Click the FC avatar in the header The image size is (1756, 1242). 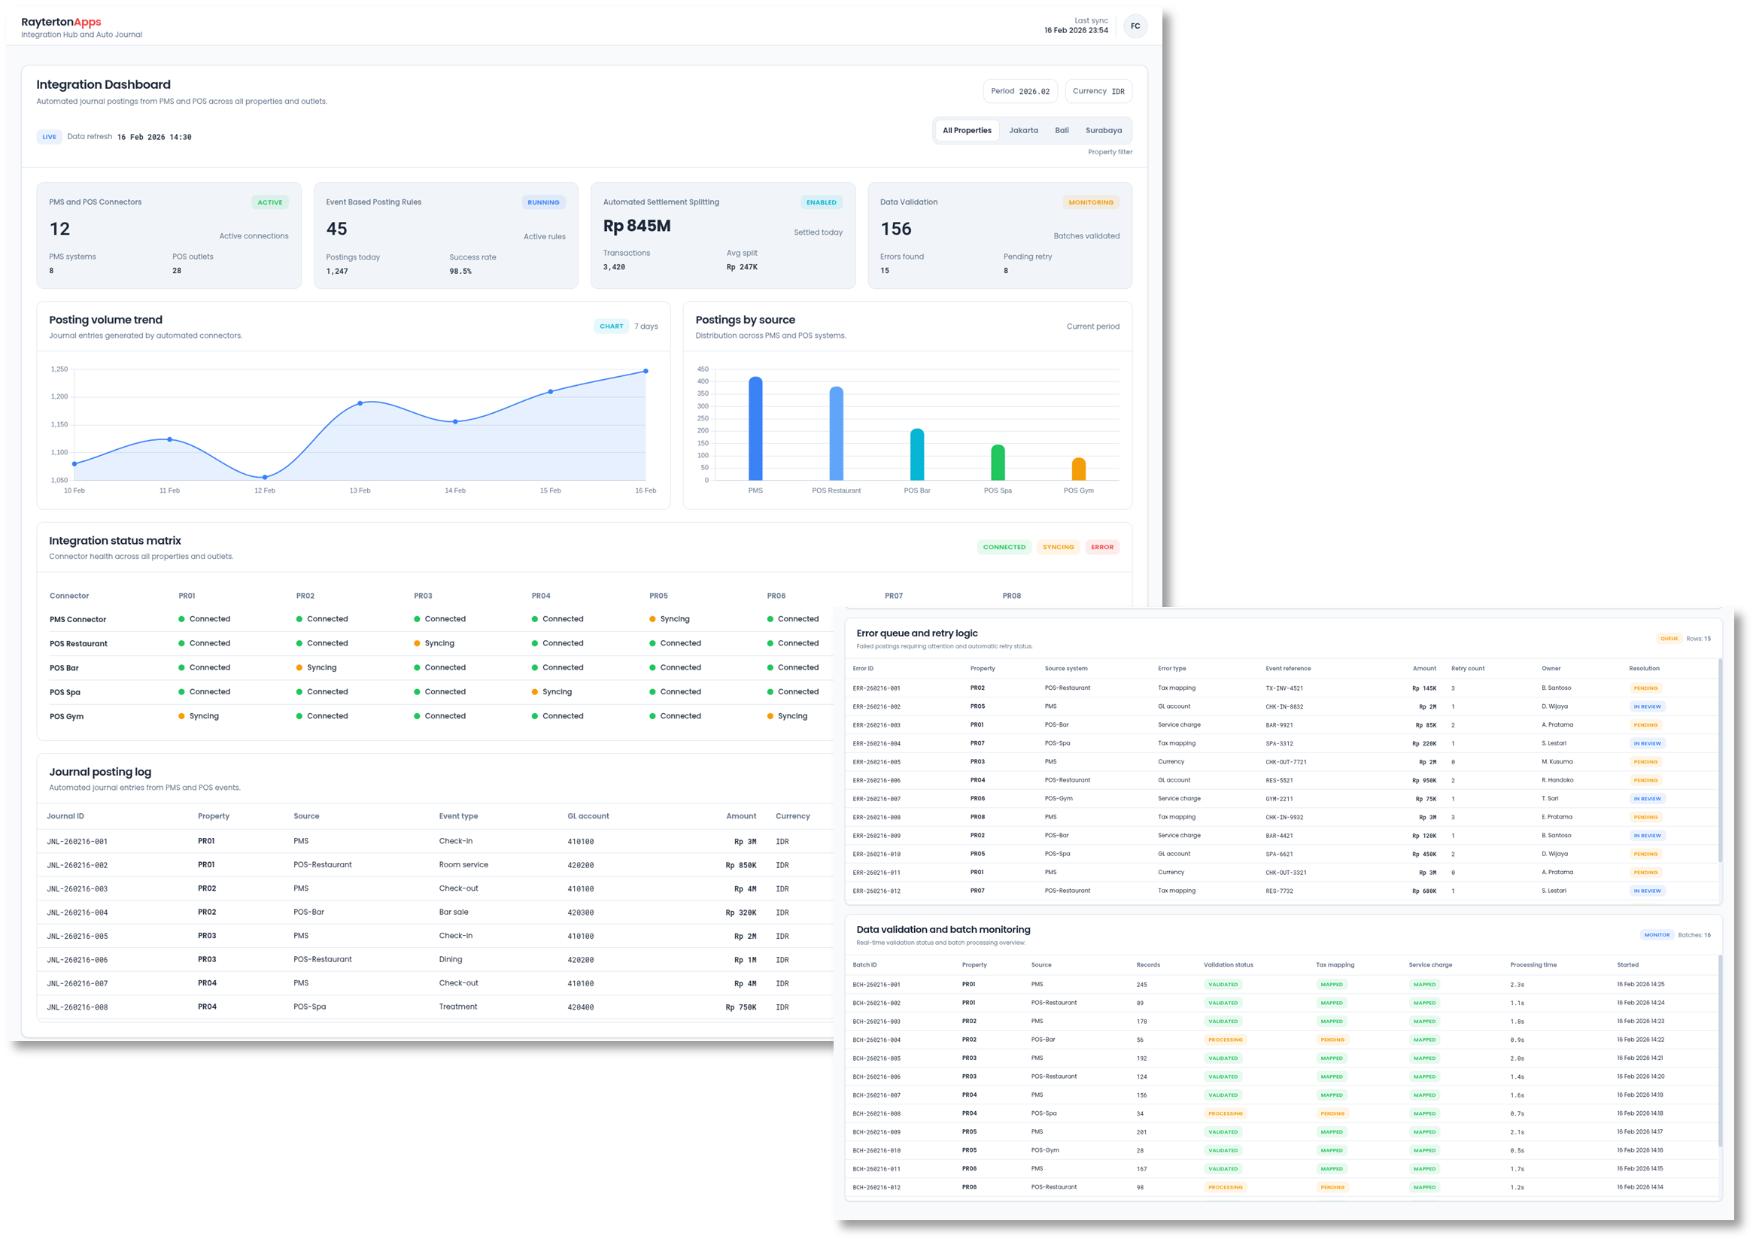(x=1135, y=26)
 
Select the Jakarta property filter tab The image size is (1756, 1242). (x=1023, y=131)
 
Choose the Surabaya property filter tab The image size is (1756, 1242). (x=1103, y=131)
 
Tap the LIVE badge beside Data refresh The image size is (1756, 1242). (x=50, y=137)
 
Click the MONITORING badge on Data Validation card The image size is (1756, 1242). (x=1091, y=202)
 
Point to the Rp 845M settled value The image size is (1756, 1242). (x=636, y=226)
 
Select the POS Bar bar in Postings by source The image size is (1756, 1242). (x=917, y=454)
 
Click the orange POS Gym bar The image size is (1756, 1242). (x=1078, y=469)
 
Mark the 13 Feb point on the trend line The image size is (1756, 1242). (x=360, y=403)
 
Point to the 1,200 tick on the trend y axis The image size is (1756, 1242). (x=59, y=396)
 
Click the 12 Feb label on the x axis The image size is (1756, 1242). (x=265, y=490)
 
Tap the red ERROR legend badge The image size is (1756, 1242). (x=1102, y=547)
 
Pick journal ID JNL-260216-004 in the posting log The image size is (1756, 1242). (x=77, y=913)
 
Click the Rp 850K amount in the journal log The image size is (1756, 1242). (x=740, y=865)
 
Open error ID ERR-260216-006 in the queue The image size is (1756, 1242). (x=876, y=780)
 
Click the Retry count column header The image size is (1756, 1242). (x=1468, y=669)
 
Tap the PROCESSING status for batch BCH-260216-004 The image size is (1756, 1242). (x=1226, y=1040)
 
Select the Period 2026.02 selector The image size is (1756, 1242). (x=1020, y=91)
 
